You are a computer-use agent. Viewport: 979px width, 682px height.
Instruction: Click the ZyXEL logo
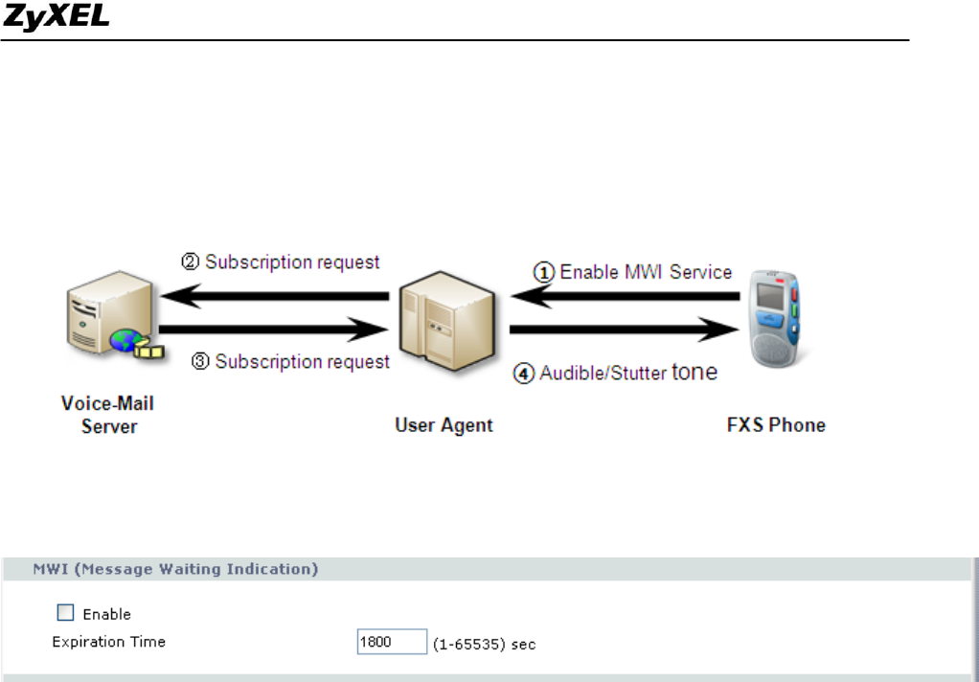tap(57, 19)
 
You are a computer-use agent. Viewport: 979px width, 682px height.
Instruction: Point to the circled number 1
tap(544, 272)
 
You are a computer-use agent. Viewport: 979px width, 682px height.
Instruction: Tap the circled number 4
tap(524, 374)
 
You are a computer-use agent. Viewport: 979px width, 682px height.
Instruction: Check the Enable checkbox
tap(66, 613)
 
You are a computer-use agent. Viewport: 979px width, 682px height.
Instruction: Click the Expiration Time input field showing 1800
tap(391, 642)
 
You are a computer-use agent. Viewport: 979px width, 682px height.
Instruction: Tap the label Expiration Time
tap(108, 642)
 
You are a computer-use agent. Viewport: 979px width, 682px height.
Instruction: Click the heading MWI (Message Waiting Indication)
tap(176, 569)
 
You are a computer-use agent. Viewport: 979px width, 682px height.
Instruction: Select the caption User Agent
tap(444, 424)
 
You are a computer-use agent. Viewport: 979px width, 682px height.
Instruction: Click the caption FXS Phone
tap(775, 424)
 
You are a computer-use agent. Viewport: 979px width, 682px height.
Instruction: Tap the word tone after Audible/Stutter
tap(694, 372)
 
